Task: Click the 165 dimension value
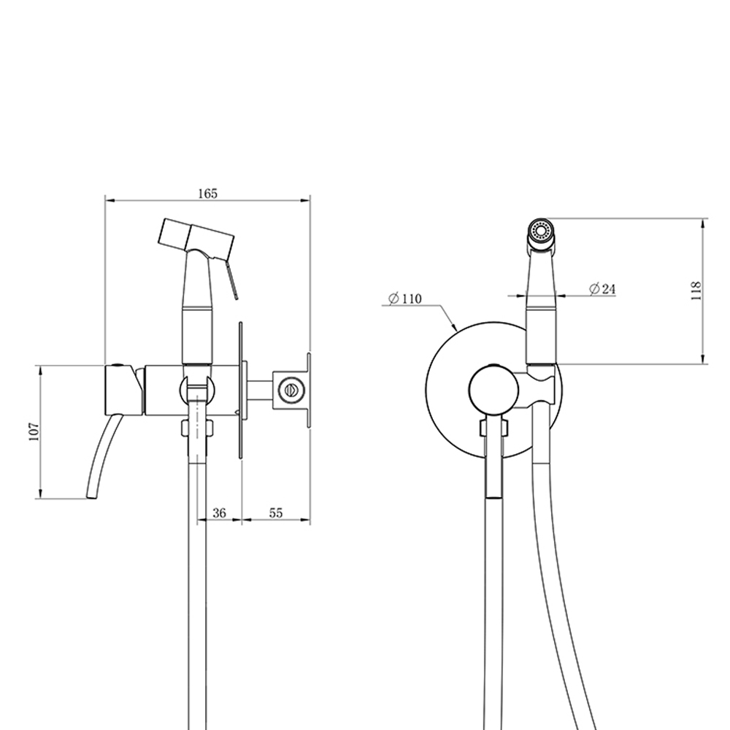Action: point(207,193)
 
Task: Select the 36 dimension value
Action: point(219,512)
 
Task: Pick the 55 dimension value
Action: point(276,512)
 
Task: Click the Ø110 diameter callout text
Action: point(404,298)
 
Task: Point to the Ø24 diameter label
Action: point(602,289)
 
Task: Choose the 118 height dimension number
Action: point(696,291)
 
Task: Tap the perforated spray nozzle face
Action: point(540,231)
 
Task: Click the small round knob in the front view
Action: point(493,389)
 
